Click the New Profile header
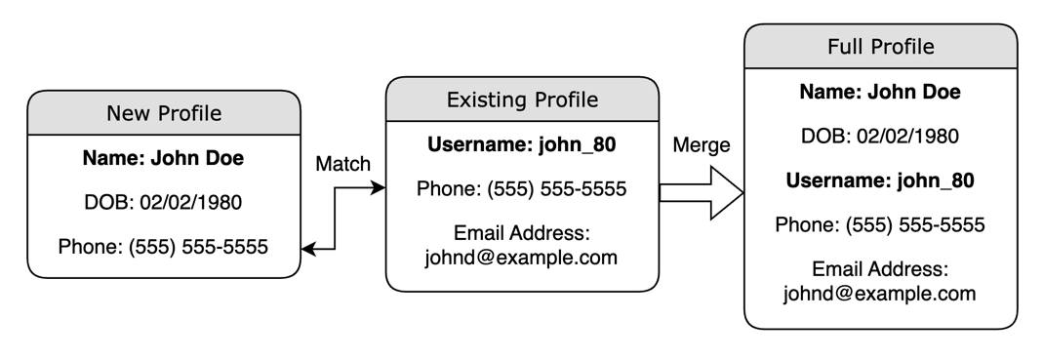163,113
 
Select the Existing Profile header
522,100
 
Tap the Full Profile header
880,47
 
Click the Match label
343,164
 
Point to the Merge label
702,144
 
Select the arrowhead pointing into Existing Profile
380,188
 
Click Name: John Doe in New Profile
163,158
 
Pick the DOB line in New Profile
163,203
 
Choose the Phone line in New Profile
163,247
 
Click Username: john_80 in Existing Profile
522,145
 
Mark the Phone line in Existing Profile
522,189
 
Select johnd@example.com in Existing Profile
522,258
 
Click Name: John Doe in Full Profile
880,93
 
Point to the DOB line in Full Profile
880,137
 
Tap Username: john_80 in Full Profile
880,180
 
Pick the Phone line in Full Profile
880,225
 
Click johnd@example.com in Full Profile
880,293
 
